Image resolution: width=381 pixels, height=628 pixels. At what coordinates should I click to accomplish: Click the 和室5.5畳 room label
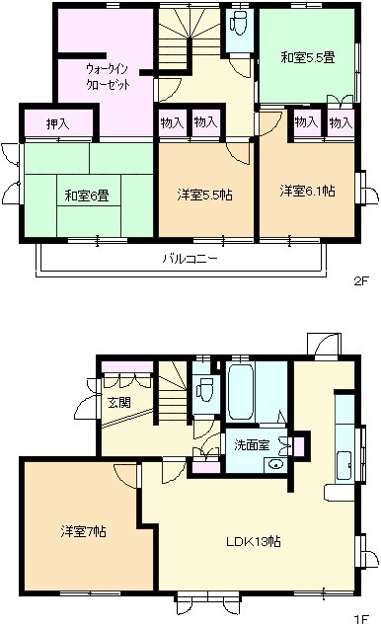click(307, 57)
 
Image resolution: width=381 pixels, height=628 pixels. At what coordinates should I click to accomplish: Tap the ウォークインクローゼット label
click(108, 77)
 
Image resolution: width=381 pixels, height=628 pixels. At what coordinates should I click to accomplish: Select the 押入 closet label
click(58, 124)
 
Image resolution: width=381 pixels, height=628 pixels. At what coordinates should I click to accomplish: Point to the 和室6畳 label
click(87, 196)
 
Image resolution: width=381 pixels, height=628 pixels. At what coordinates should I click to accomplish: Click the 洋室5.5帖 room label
click(205, 196)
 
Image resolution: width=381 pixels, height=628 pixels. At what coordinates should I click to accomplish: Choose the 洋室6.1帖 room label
click(307, 191)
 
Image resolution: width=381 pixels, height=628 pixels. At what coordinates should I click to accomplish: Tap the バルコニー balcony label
click(190, 259)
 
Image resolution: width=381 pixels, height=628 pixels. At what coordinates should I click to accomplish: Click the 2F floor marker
click(360, 281)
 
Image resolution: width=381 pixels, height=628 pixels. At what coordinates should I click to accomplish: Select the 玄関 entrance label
click(119, 402)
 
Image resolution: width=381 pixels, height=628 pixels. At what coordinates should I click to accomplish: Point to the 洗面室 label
click(252, 445)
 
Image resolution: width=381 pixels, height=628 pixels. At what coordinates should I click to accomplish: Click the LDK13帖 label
click(254, 541)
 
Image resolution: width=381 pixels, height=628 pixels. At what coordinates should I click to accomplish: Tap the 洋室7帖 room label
click(83, 531)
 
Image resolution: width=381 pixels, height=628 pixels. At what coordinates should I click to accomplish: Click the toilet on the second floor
click(239, 23)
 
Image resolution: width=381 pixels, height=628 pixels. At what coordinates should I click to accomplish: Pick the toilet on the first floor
click(206, 388)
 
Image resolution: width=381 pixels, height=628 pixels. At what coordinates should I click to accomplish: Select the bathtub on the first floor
click(241, 390)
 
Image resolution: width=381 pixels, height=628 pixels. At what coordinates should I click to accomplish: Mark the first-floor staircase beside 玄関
click(172, 392)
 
